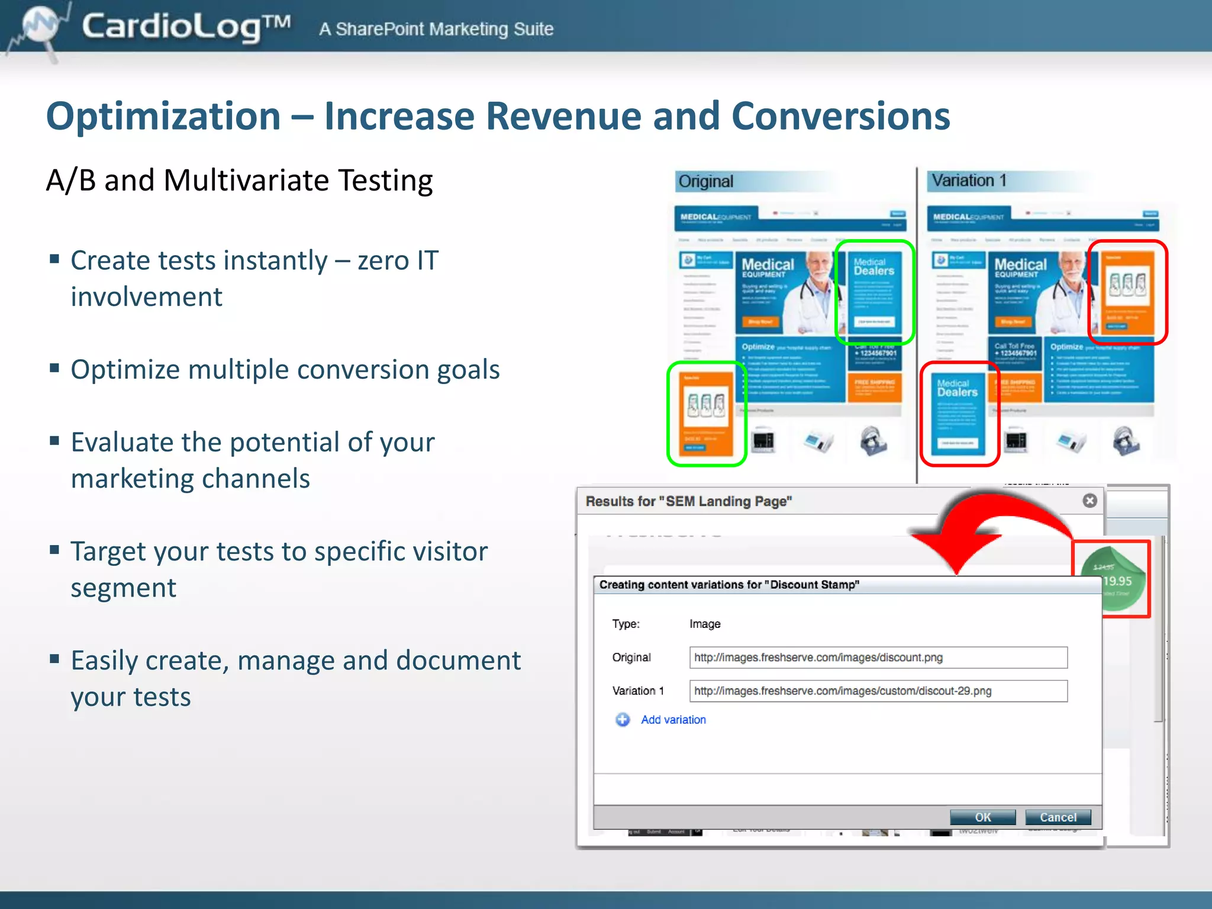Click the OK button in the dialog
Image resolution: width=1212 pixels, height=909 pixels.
(982, 817)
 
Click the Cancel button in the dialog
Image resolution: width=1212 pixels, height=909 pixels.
(1058, 817)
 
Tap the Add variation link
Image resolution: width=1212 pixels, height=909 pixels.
(673, 720)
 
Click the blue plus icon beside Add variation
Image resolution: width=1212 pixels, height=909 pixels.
(623, 720)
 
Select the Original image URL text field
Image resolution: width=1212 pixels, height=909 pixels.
(878, 657)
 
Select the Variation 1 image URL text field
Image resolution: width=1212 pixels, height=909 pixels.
(878, 691)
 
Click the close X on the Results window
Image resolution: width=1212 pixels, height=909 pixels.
(1089, 501)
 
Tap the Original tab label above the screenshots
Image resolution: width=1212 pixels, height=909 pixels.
(706, 181)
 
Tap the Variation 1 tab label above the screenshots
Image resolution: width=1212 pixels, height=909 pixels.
(969, 180)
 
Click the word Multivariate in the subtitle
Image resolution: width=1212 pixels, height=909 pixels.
(245, 180)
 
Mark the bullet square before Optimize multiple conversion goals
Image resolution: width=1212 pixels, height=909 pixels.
(55, 368)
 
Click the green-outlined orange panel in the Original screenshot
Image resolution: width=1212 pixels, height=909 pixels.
(707, 414)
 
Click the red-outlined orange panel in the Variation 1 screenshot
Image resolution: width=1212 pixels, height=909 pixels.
(1127, 292)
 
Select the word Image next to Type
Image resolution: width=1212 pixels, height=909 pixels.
(705, 624)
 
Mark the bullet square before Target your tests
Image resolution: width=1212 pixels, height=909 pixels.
(55, 550)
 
